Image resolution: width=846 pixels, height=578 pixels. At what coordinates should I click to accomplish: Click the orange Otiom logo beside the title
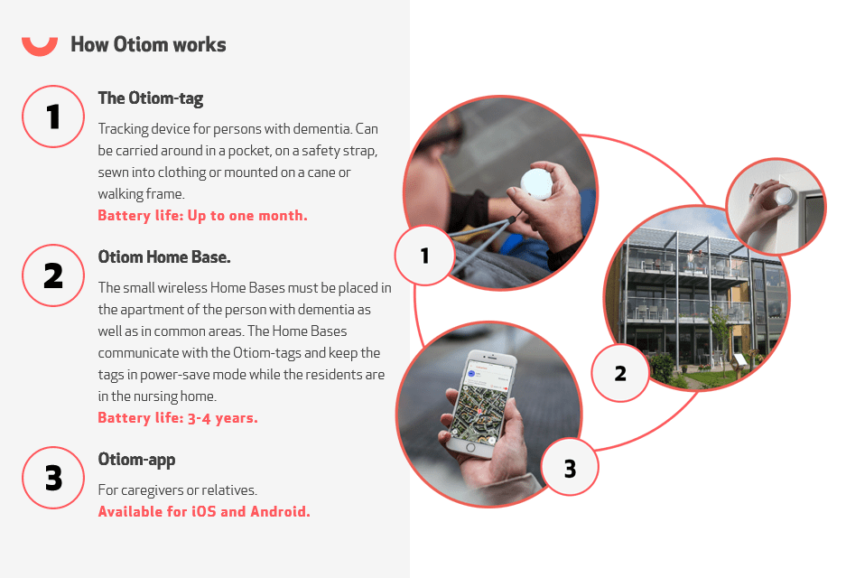pos(40,48)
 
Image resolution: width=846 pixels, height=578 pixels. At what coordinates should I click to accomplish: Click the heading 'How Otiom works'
pos(148,44)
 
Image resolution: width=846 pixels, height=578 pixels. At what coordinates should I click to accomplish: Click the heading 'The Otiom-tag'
pos(151,98)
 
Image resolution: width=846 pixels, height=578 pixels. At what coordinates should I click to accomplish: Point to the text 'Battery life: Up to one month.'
pos(203,215)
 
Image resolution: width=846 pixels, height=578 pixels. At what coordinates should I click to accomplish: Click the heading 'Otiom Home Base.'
pos(164,256)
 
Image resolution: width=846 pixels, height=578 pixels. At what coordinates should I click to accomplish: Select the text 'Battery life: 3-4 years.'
pos(178,418)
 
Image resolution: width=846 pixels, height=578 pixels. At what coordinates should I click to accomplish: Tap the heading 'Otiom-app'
pos(136,460)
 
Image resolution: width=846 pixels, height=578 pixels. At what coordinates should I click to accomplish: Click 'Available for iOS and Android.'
pos(204,511)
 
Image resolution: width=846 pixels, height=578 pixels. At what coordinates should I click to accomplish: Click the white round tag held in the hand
pos(536,182)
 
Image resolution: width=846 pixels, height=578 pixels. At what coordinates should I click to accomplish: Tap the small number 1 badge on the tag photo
pos(424,256)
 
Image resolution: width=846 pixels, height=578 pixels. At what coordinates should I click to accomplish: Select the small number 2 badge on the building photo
pos(620,373)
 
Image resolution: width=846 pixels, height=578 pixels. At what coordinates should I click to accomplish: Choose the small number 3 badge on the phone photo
pos(570,468)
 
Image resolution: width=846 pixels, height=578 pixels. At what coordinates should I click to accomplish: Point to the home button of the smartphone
pos(470,447)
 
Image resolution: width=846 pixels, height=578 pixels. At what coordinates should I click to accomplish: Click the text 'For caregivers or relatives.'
pos(178,490)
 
